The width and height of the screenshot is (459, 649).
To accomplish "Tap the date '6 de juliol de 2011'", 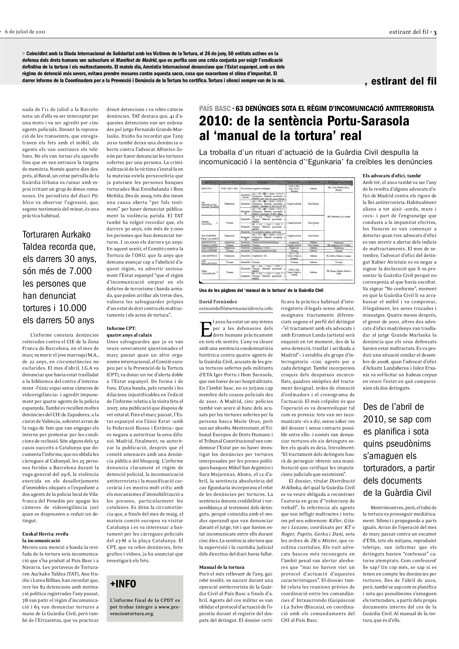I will (25, 32).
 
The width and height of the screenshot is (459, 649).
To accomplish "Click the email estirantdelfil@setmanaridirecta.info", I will (236, 308).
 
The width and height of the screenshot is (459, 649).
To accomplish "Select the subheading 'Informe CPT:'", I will (121, 328).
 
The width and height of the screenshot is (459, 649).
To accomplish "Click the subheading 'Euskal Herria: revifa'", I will (45, 534).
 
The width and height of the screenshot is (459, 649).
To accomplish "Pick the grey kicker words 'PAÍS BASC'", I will (215, 108).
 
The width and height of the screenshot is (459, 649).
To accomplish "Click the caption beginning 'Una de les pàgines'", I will (261, 290).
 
